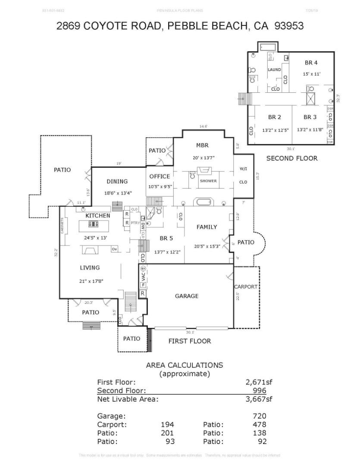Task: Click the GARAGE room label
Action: (x=187, y=296)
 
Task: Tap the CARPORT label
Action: (x=245, y=287)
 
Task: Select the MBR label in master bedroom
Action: (x=202, y=145)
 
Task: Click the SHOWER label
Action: (x=208, y=181)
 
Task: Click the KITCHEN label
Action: (x=98, y=215)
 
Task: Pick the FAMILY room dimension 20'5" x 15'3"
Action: (x=207, y=246)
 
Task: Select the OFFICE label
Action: (x=160, y=176)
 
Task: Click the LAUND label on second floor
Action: (x=274, y=69)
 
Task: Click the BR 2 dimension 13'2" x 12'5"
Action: (x=275, y=129)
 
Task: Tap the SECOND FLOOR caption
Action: (x=291, y=158)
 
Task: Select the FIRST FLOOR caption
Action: (x=189, y=341)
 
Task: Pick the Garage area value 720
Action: (x=260, y=416)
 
